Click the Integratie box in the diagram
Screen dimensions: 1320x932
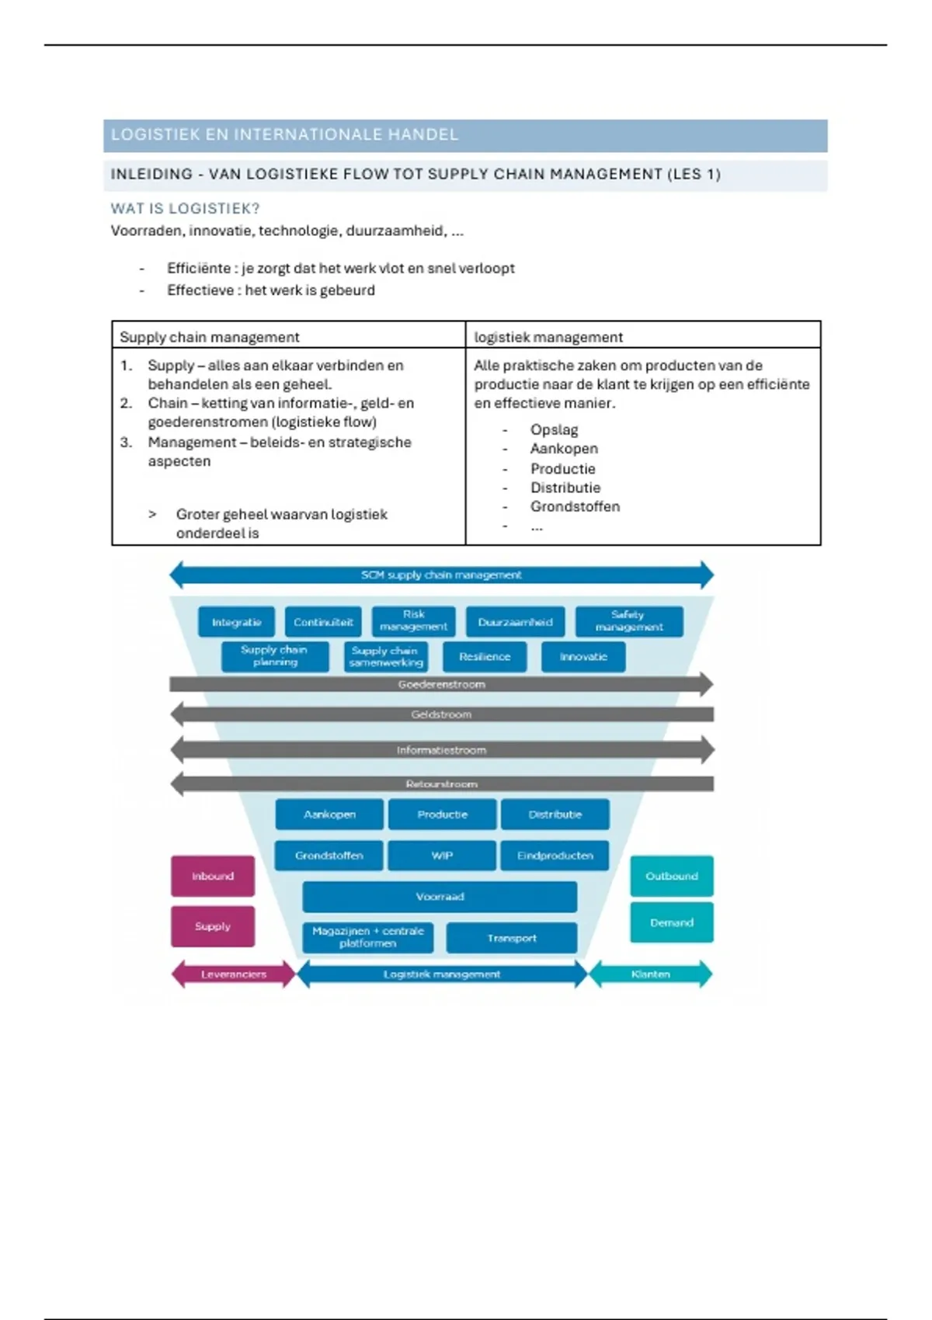[236, 622]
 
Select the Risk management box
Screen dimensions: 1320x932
[413, 620]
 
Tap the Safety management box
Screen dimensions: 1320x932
[629, 621]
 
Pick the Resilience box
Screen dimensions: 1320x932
[485, 657]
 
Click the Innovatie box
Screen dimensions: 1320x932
[583, 657]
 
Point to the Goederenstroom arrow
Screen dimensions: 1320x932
[441, 684]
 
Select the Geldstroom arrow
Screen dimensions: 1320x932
[441, 714]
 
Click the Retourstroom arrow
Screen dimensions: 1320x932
[441, 784]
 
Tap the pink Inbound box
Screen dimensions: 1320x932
[213, 876]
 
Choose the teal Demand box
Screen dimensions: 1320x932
[672, 922]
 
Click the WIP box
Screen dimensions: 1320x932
[442, 856]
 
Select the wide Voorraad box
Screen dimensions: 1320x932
[440, 897]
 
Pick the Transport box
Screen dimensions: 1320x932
[512, 938]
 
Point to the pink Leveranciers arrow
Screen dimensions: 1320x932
[233, 974]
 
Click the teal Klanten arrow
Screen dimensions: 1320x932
[650, 974]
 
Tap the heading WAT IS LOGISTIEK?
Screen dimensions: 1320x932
[185, 209]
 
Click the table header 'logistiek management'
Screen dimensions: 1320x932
[548, 337]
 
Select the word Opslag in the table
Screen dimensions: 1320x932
[554, 429]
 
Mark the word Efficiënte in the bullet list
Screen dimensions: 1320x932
[199, 269]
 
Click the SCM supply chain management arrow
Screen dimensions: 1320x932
[441, 575]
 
